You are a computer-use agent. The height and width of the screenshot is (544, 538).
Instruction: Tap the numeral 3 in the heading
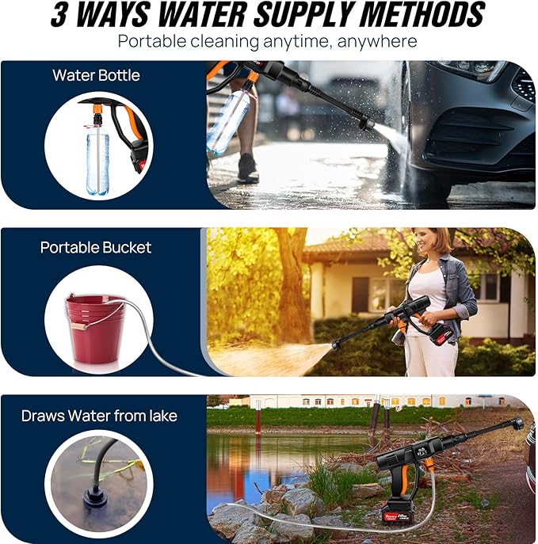point(60,15)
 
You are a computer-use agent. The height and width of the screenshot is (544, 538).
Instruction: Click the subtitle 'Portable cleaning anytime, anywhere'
point(268,40)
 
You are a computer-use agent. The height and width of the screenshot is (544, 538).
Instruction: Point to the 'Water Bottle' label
point(96,75)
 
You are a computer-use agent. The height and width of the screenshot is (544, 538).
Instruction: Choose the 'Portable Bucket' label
point(96,247)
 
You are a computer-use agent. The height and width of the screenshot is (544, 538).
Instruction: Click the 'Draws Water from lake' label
point(99,416)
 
